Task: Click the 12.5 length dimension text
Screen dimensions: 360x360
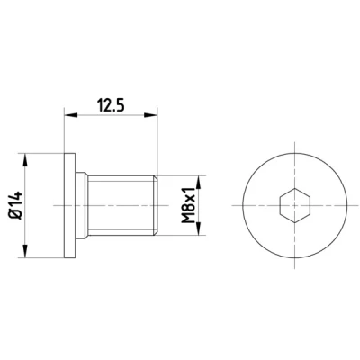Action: tap(111, 105)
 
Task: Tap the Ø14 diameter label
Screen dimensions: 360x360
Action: tap(16, 205)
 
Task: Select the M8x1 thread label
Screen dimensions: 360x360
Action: tap(188, 205)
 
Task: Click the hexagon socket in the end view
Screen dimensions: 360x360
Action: tap(294, 205)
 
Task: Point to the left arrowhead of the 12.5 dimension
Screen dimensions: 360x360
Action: tap(71, 115)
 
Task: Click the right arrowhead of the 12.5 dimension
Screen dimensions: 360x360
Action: tap(151, 115)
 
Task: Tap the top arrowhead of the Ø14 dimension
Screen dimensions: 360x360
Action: tap(25, 160)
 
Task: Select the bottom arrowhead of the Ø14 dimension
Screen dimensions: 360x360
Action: tap(25, 251)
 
